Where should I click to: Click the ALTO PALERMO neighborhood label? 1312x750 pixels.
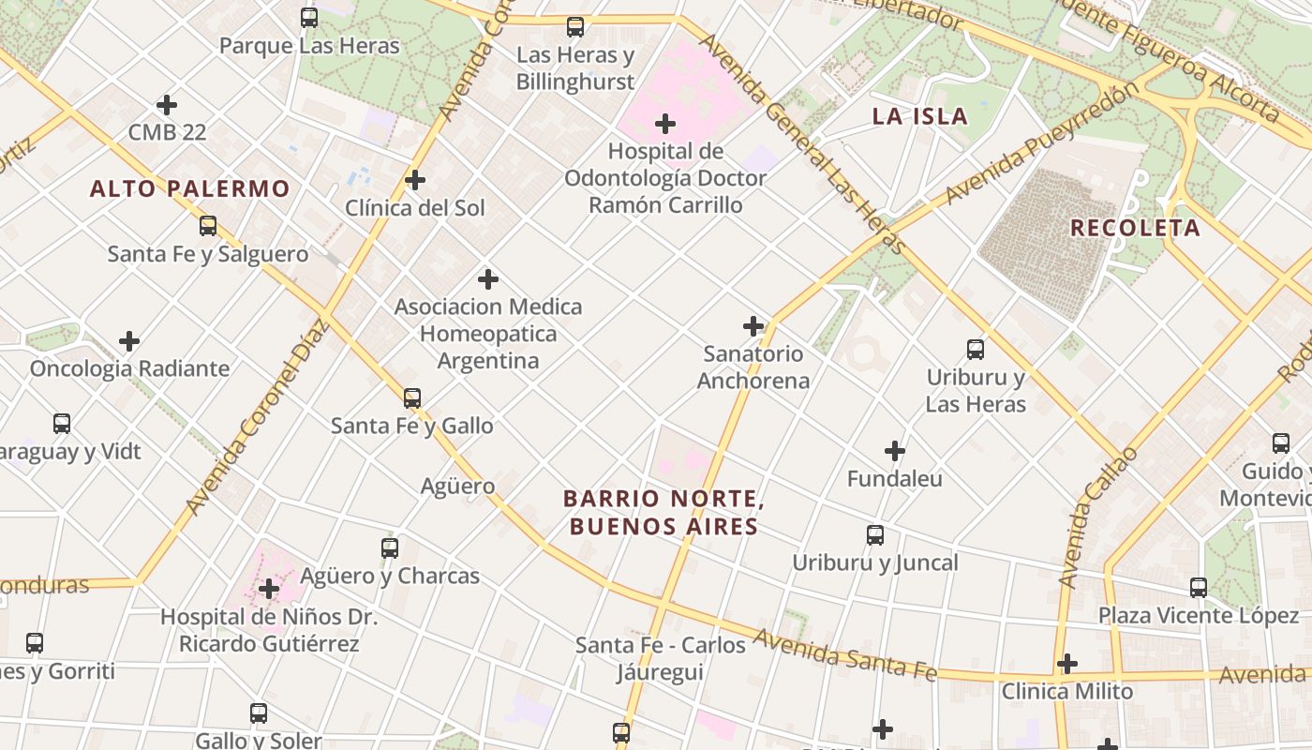189,188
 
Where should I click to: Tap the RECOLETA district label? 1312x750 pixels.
1135,228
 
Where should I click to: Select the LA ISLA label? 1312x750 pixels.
919,116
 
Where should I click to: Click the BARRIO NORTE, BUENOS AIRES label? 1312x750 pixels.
663,513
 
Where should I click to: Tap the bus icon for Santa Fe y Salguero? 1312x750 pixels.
208,226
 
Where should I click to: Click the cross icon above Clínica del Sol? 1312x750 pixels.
415,180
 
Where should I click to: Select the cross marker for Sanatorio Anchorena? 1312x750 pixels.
753,326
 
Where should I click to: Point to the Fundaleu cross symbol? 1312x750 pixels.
895,451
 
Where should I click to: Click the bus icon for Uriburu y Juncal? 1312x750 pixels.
875,535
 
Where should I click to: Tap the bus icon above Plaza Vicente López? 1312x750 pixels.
1199,588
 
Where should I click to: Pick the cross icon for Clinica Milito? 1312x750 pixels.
1066,664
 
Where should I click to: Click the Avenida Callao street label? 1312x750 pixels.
1096,517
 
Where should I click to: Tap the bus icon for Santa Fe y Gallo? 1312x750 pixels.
412,398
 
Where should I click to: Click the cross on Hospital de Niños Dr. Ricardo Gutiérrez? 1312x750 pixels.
269,589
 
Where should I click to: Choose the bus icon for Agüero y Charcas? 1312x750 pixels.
390,548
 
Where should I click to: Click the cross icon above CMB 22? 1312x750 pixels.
167,105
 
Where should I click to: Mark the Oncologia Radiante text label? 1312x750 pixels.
129,368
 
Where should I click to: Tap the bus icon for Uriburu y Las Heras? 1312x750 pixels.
976,350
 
